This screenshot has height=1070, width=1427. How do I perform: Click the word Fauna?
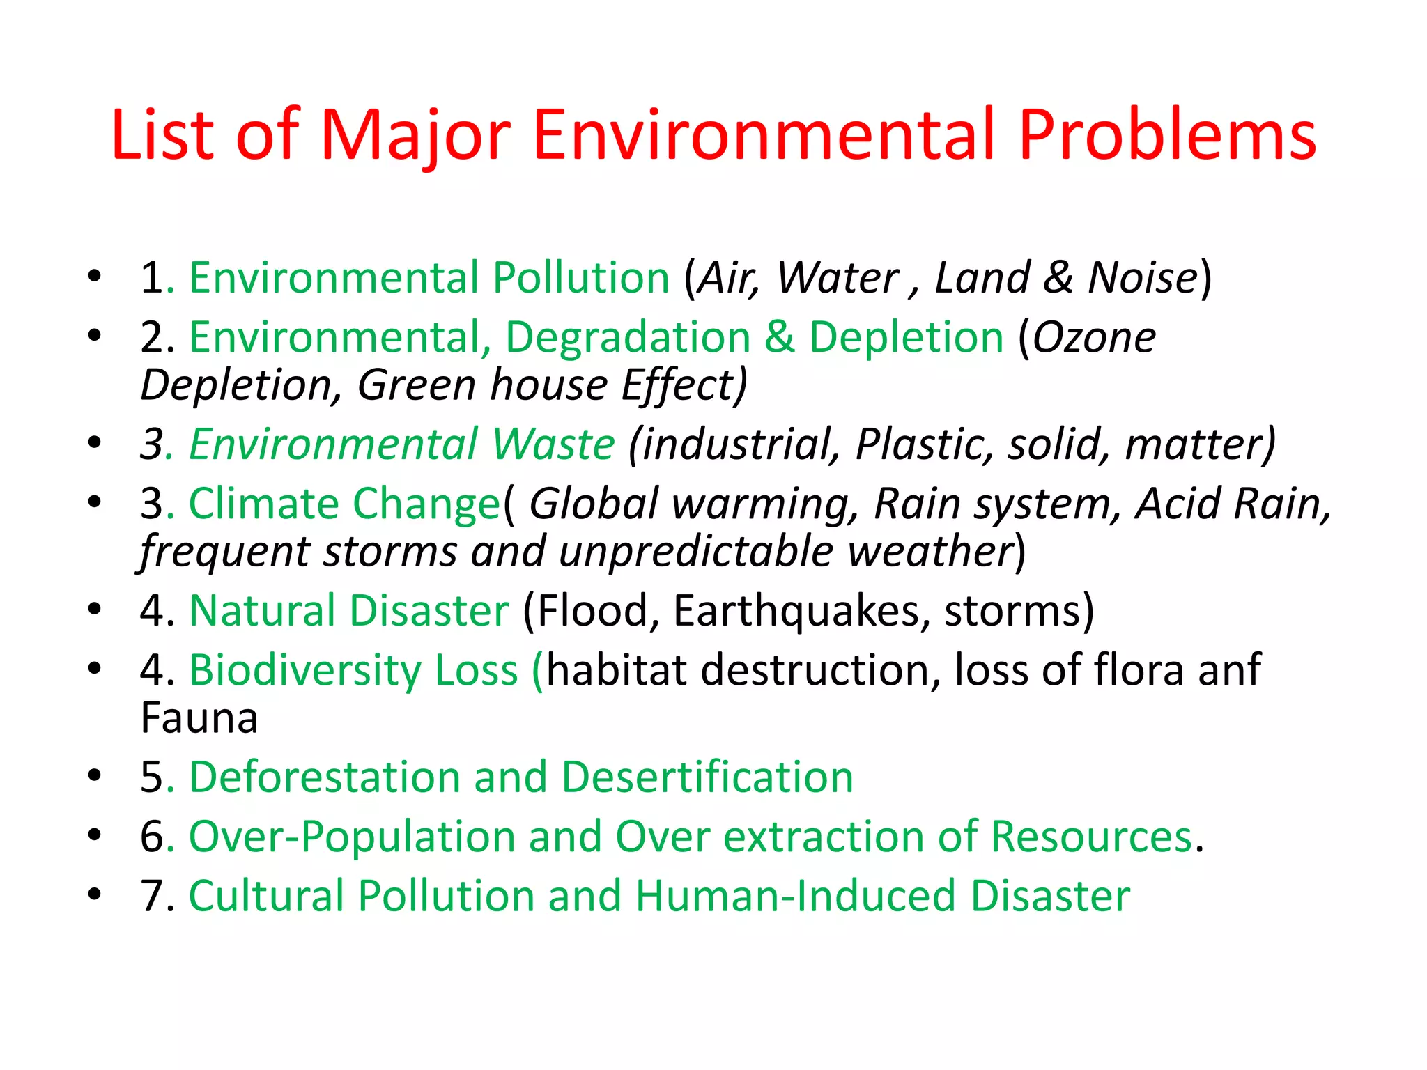coord(199,718)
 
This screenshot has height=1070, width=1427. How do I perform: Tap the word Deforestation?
coord(324,777)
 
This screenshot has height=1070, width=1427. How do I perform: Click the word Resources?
coord(1091,836)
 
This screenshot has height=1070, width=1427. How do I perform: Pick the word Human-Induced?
coord(795,896)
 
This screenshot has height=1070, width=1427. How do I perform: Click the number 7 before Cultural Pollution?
coord(152,896)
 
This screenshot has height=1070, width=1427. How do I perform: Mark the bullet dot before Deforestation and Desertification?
coord(95,775)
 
